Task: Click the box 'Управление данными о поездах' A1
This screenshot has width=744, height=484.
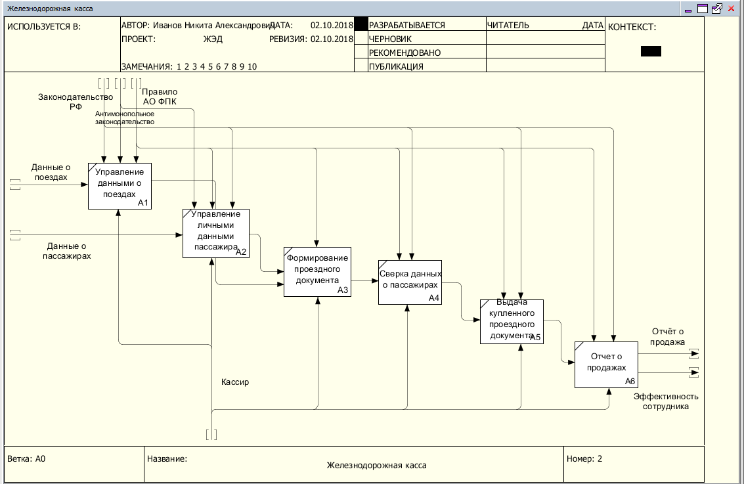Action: point(120,186)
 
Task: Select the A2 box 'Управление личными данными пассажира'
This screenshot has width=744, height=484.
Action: point(216,233)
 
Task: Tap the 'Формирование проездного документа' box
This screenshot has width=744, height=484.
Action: point(317,272)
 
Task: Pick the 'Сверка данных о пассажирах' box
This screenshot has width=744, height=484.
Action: point(410,282)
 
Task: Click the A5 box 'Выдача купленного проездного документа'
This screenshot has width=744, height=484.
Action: point(512,322)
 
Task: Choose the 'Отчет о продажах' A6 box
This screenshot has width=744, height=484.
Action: point(606,365)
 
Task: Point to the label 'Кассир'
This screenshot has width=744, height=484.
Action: point(235,382)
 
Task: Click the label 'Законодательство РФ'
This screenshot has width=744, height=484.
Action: point(76,102)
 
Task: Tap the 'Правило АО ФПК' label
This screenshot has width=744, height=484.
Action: point(160,97)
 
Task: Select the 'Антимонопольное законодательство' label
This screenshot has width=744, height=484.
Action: point(124,118)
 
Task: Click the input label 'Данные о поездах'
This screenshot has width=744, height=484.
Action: point(51,172)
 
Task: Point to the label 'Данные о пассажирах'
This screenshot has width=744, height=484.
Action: point(66,251)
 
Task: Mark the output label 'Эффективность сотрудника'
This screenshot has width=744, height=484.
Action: point(666,401)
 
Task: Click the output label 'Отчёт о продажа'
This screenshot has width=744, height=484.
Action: point(668,337)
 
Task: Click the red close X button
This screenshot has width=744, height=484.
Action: point(731,9)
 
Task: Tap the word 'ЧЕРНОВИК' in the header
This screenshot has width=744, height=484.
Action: point(390,39)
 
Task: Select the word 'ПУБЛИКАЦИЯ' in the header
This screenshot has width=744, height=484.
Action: point(396,66)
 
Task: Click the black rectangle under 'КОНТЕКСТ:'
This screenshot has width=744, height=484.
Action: point(651,51)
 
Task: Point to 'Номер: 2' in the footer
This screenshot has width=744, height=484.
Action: point(584,459)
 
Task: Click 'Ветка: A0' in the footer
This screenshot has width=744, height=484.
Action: point(26,459)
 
